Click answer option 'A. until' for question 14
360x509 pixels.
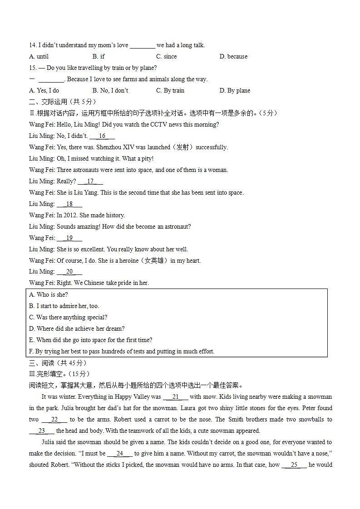(39, 57)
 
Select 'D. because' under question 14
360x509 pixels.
(233, 57)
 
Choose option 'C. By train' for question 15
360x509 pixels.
(170, 91)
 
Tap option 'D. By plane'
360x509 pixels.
(235, 91)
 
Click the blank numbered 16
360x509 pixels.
(102, 136)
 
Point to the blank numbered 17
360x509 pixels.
(90, 181)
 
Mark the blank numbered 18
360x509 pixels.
(69, 204)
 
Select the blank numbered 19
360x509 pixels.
(69, 238)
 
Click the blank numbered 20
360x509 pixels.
(69, 272)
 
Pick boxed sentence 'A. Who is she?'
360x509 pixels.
(49, 295)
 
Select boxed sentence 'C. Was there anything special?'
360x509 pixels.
(68, 318)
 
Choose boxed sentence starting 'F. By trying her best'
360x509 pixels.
(122, 352)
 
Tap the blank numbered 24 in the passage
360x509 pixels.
(120, 454)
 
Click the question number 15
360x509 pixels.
(32, 68)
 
